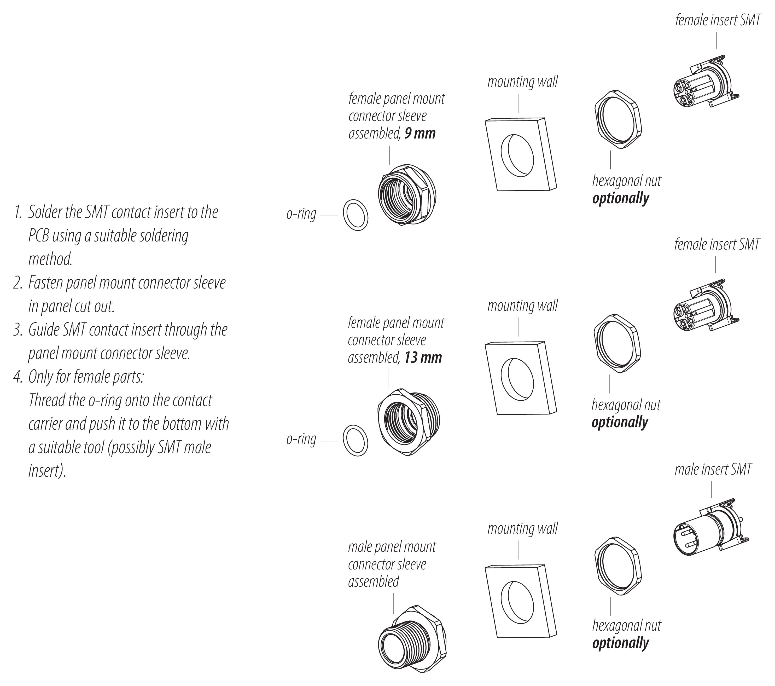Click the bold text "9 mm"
(x=420, y=134)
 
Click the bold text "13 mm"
(x=423, y=358)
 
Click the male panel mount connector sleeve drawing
(x=412, y=639)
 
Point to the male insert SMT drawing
(x=711, y=527)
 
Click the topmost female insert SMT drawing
(x=707, y=81)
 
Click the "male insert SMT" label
(x=713, y=469)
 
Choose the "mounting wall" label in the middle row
(x=522, y=306)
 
